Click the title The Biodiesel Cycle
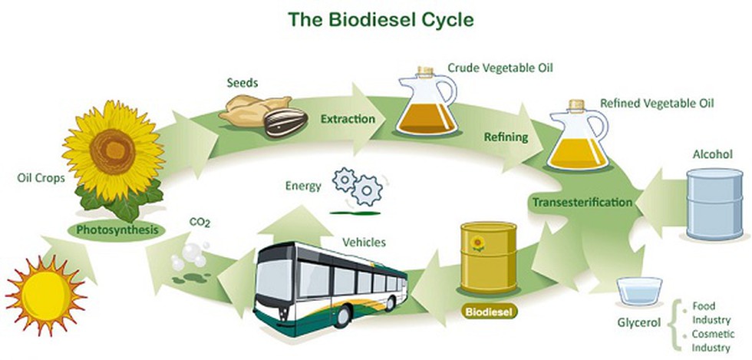381,20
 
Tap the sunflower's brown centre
112,151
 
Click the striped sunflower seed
285,122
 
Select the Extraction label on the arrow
348,118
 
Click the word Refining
506,137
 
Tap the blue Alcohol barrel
714,204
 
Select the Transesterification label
582,202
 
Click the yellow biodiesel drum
489,257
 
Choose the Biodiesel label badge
490,312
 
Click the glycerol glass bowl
638,291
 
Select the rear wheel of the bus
390,303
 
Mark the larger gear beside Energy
367,190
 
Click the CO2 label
200,223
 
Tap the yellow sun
46,296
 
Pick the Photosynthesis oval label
117,230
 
